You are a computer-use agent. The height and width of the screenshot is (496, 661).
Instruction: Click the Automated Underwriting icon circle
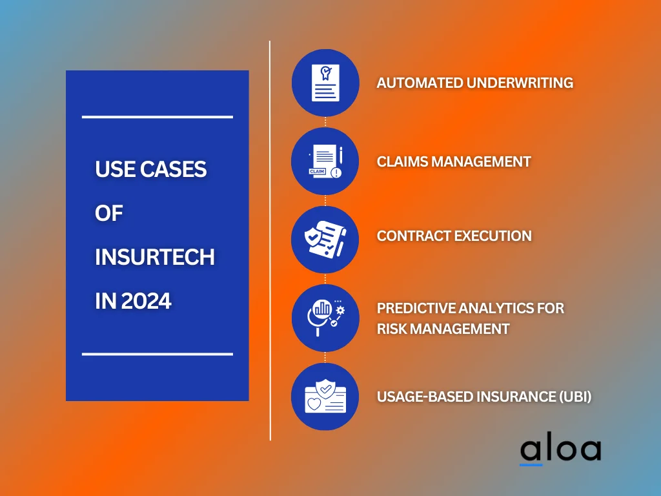325,83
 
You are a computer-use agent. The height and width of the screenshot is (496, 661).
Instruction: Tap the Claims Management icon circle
325,161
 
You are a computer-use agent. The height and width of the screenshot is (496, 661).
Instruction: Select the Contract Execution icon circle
325,240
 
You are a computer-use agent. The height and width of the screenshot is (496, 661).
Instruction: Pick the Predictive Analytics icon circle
325,318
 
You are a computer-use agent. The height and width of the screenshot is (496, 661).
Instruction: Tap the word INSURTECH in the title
154,257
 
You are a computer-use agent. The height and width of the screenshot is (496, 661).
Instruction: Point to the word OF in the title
108,213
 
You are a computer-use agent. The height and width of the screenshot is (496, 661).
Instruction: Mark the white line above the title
157,117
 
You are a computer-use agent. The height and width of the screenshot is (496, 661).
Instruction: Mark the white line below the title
157,354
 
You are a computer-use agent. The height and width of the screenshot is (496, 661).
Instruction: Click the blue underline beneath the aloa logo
531,464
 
